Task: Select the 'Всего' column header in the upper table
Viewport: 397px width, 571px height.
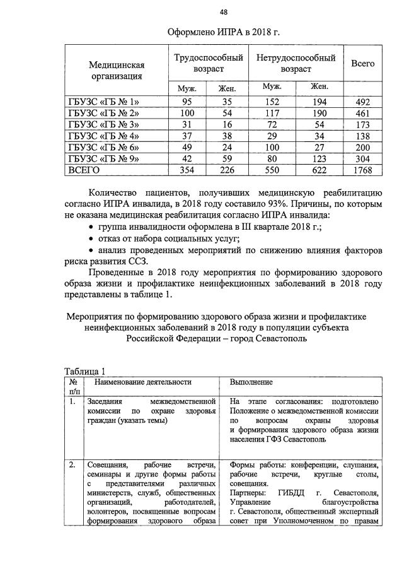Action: (x=362, y=64)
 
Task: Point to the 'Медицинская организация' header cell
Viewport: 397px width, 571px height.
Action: (x=117, y=70)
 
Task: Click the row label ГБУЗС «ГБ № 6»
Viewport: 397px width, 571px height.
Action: (x=103, y=147)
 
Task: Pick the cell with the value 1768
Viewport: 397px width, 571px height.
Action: (x=362, y=170)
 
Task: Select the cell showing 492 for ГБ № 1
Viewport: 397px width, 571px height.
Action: (x=362, y=102)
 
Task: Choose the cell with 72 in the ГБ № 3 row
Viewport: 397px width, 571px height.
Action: (x=272, y=124)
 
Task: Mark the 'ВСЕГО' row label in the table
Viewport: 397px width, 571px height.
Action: (x=84, y=170)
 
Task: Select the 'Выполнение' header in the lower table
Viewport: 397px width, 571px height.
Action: (x=251, y=382)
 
